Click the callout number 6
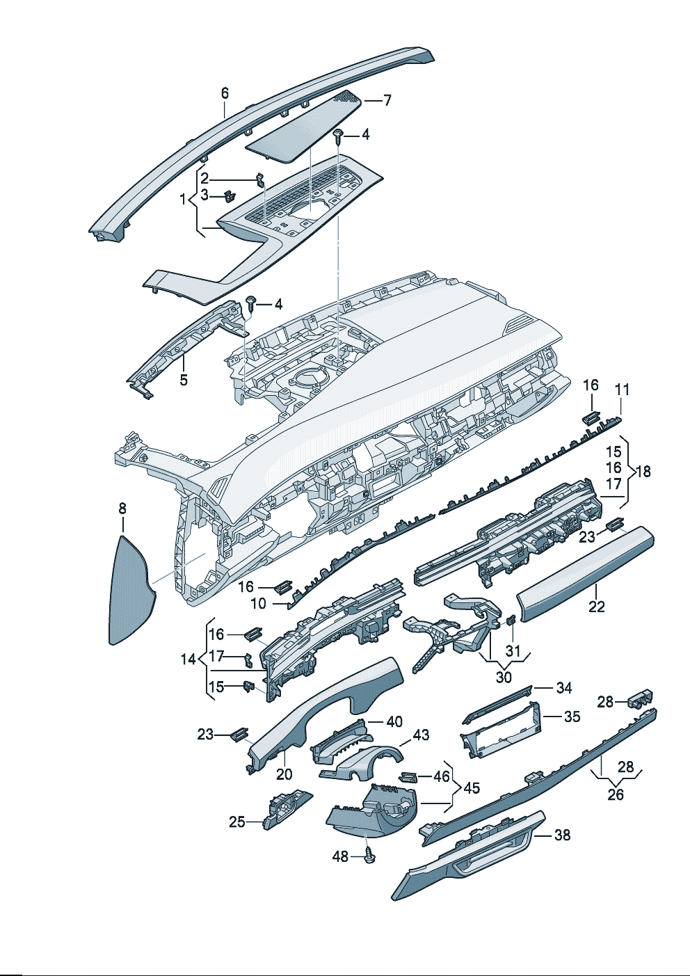click(x=225, y=93)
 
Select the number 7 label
click(x=387, y=100)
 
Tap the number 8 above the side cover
click(x=122, y=509)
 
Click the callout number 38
click(x=562, y=834)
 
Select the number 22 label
click(x=597, y=606)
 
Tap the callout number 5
click(x=184, y=380)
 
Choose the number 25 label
click(x=237, y=822)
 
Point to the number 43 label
click(x=421, y=735)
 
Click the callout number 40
click(x=394, y=721)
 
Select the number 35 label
click(x=572, y=716)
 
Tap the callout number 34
click(x=564, y=687)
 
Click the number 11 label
click(x=622, y=390)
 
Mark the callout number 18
click(x=643, y=471)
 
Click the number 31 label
click(x=513, y=650)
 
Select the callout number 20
click(x=284, y=774)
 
